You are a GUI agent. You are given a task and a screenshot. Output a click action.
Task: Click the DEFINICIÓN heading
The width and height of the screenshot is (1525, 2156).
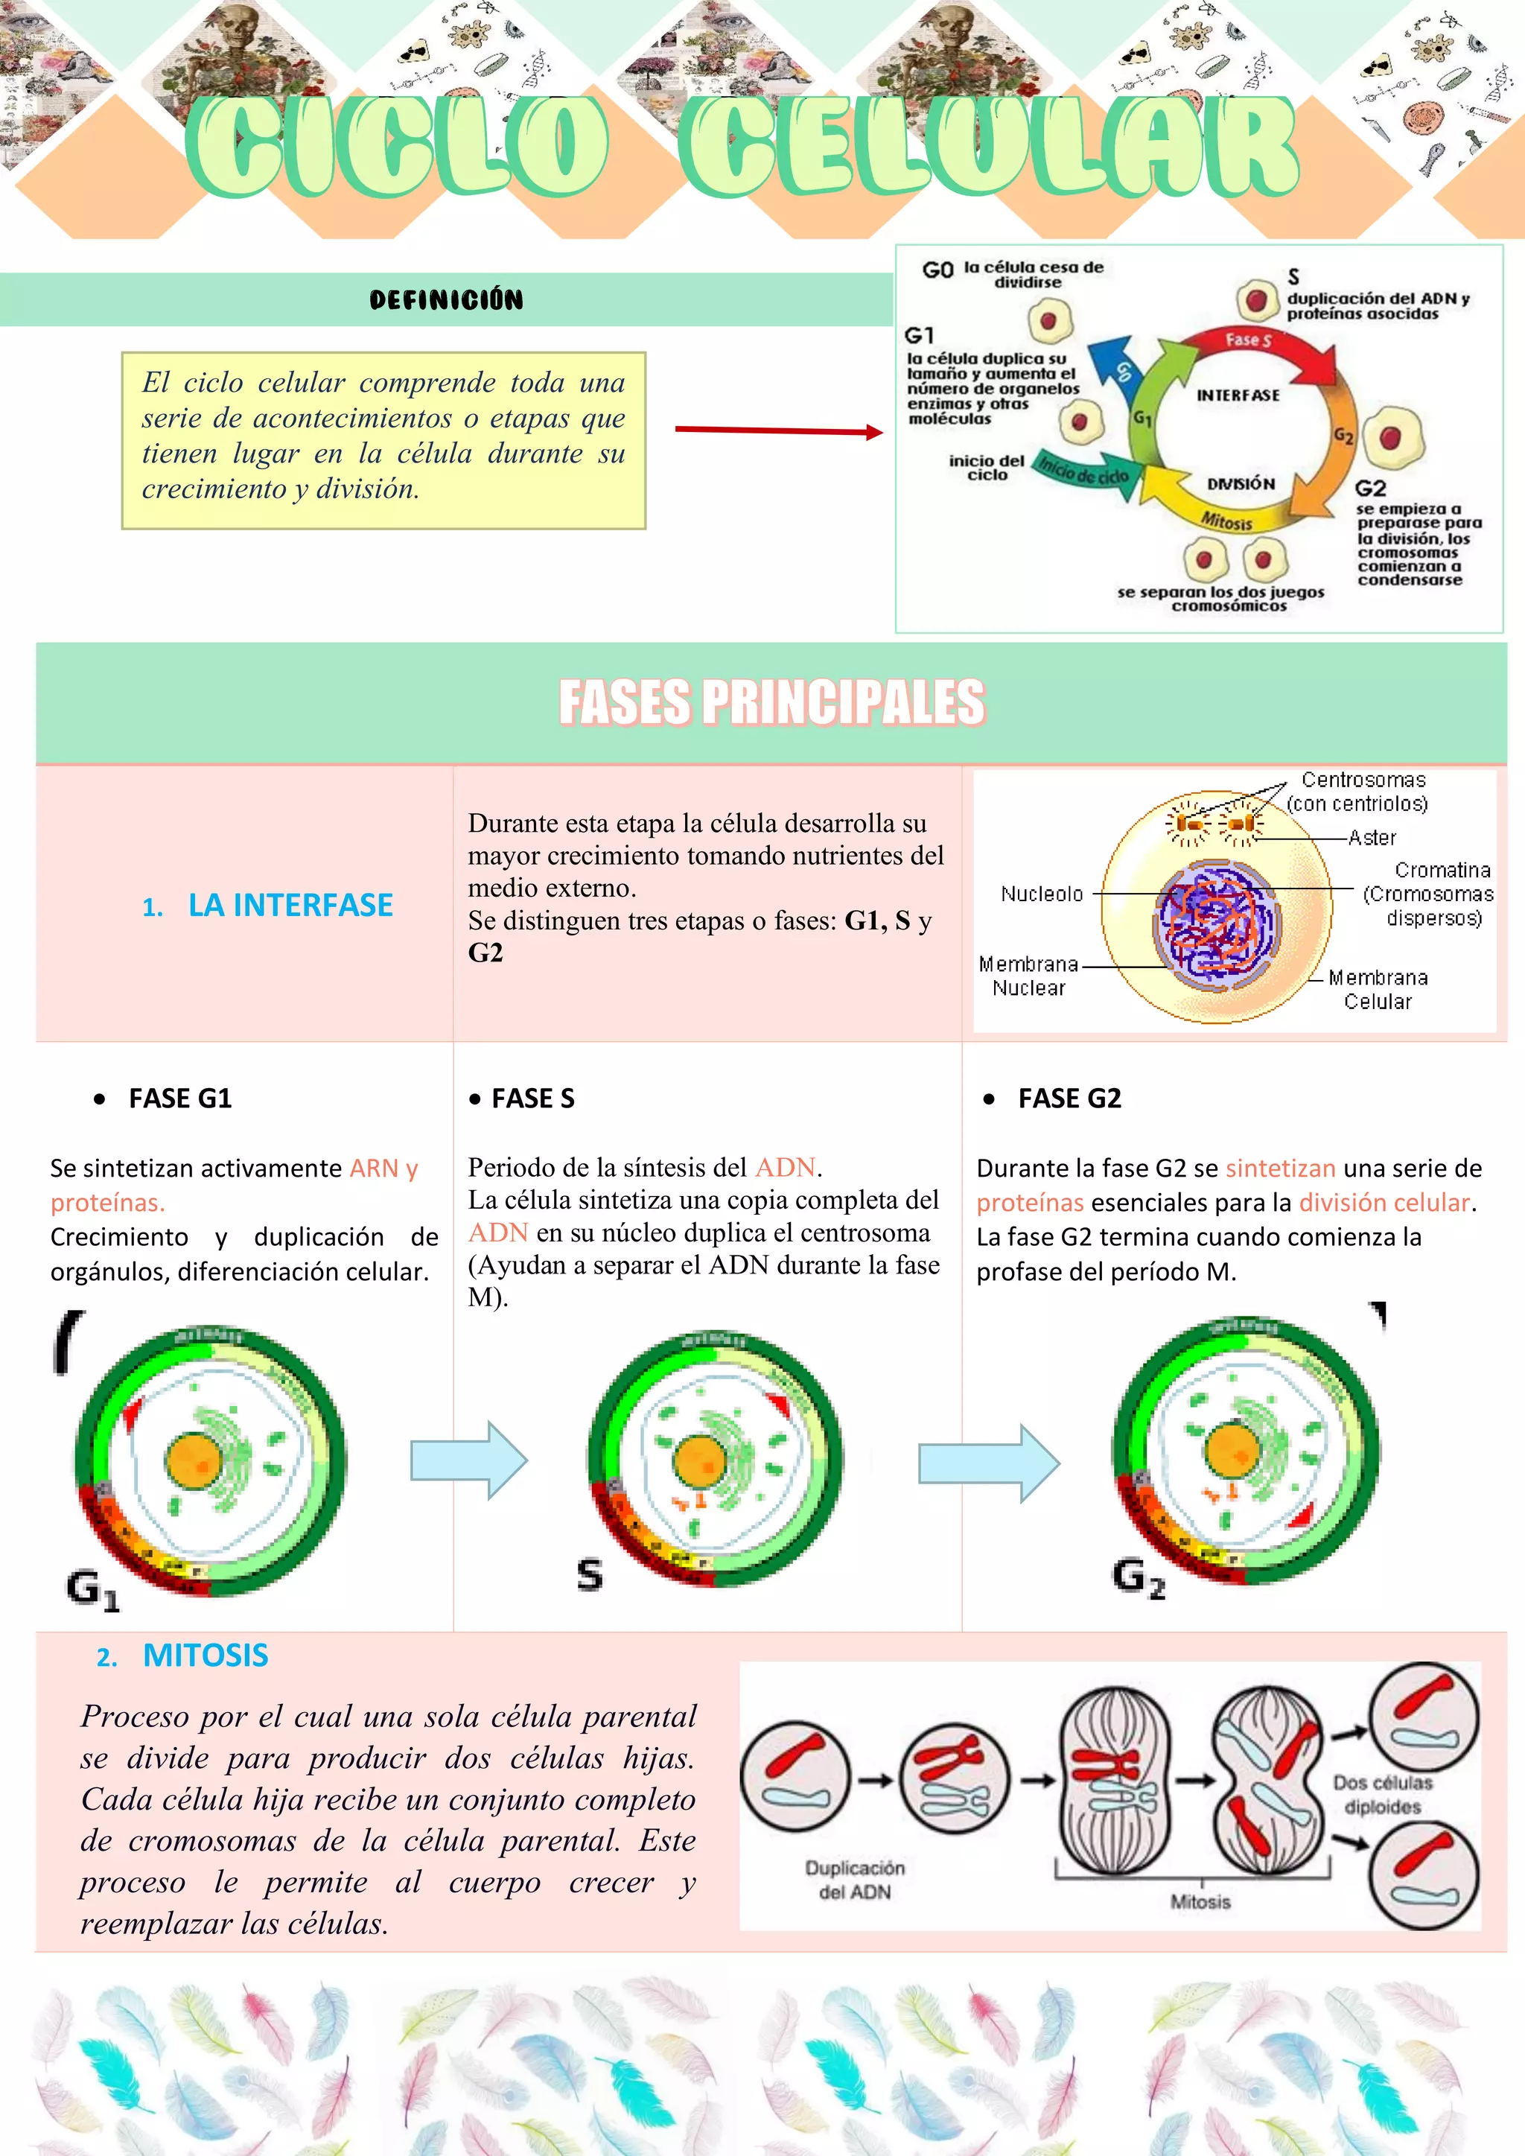(x=446, y=299)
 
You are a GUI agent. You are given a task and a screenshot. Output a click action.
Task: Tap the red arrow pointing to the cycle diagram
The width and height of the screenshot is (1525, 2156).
(x=778, y=431)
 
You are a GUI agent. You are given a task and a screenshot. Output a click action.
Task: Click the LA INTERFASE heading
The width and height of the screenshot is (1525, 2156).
(x=290, y=905)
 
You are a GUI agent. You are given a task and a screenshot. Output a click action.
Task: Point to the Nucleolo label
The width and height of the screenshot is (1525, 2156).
(x=1042, y=894)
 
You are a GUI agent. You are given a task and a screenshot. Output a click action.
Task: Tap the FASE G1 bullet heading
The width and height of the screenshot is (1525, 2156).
(x=180, y=1098)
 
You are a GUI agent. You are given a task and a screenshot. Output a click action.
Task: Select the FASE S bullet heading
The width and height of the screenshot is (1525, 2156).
(x=532, y=1098)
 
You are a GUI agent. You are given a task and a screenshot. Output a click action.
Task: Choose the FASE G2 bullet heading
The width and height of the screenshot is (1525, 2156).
(x=1069, y=1098)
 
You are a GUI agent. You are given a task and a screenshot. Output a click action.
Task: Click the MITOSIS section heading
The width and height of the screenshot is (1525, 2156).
(x=205, y=1656)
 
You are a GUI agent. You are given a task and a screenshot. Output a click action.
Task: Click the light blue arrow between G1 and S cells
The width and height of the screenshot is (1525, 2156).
(x=468, y=1460)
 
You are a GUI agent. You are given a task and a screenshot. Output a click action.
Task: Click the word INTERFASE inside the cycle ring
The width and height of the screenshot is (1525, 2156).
(x=1238, y=395)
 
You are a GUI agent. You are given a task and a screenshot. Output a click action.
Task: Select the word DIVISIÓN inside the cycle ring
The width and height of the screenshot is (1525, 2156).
(x=1241, y=483)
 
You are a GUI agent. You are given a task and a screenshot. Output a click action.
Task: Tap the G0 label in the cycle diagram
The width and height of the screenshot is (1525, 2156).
(x=937, y=270)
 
